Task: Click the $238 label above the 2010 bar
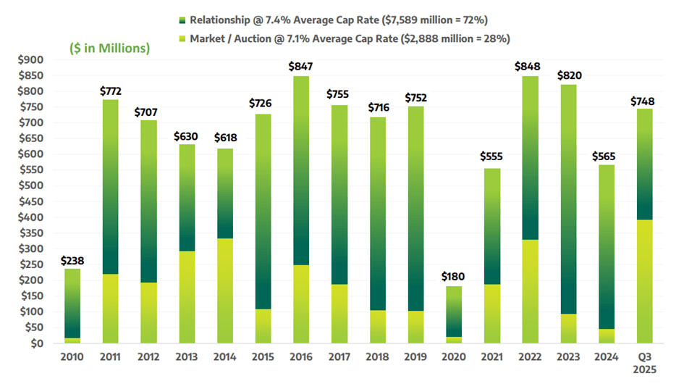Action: click(x=72, y=260)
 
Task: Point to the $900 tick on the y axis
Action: click(x=34, y=59)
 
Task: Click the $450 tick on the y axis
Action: click(x=34, y=201)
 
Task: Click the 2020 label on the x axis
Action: click(x=455, y=357)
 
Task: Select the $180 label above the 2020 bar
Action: click(x=455, y=277)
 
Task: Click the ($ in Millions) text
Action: click(x=109, y=49)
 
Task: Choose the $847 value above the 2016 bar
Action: click(x=301, y=67)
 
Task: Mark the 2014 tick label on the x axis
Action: click(x=225, y=357)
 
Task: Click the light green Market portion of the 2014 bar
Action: click(x=225, y=290)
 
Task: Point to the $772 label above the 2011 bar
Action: click(x=110, y=91)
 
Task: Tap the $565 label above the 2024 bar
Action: click(x=606, y=156)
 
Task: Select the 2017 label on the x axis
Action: click(x=339, y=357)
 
